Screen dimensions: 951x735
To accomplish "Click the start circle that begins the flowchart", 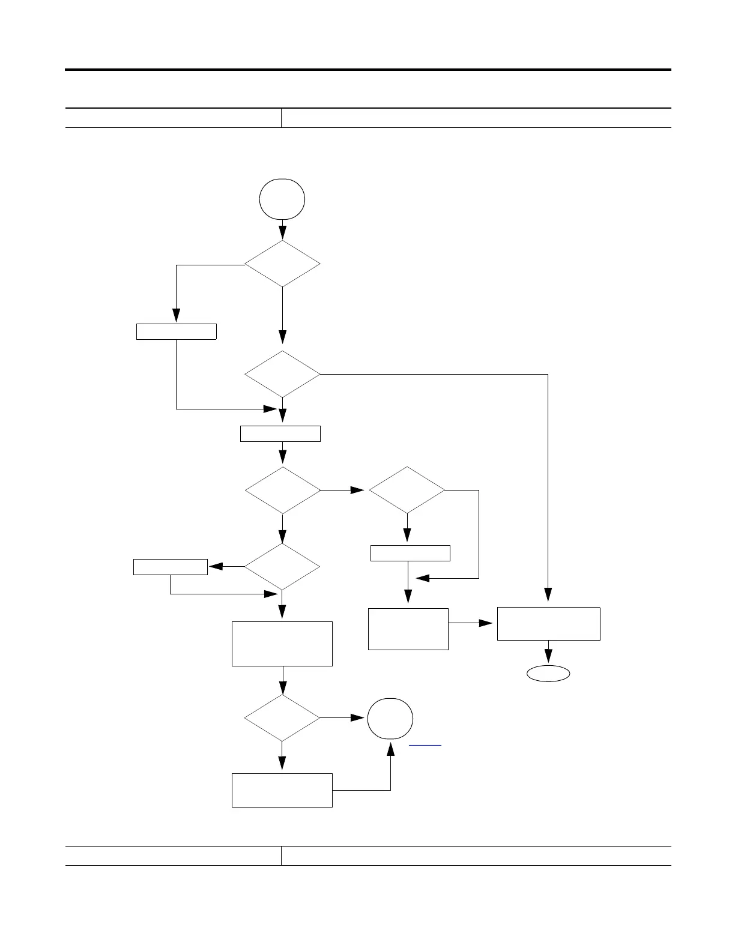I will click(x=282, y=199).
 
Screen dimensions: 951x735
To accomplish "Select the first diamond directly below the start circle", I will click(x=282, y=264).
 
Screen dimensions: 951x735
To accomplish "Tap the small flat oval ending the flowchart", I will click(x=548, y=674).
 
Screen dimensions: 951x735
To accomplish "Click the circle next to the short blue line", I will click(x=390, y=719).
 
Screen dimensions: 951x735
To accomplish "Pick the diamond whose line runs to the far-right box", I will click(x=282, y=374).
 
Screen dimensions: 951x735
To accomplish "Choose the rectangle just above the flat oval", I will click(x=548, y=624).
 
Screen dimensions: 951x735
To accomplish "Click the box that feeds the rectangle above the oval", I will click(x=408, y=629).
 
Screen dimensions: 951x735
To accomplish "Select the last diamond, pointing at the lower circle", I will click(x=282, y=718).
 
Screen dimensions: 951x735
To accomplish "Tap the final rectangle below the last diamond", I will click(x=282, y=790).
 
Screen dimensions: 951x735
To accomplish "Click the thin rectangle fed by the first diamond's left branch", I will click(x=176, y=331).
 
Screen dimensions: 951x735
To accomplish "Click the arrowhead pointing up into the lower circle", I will click(x=391, y=749).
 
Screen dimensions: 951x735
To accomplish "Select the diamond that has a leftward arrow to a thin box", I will click(x=282, y=567).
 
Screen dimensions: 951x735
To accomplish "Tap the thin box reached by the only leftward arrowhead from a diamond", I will click(x=171, y=567).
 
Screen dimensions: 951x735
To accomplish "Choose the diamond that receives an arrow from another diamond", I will click(x=407, y=490).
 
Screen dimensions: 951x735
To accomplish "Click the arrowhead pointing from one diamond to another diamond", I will click(x=358, y=490).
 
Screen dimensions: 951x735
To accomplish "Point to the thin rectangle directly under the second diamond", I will click(x=280, y=433).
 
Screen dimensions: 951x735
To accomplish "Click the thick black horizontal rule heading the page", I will click(x=367, y=70).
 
